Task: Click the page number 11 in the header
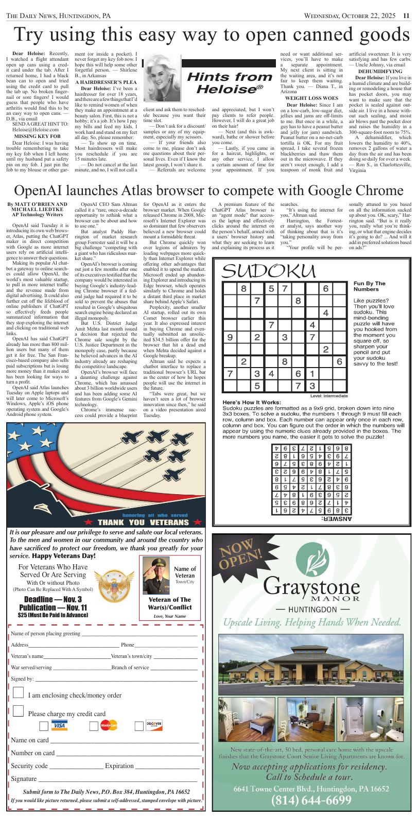pos(406,16)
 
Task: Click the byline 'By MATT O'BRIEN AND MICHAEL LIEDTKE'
pos(37,207)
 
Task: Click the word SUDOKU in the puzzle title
pos(269,271)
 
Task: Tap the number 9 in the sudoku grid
pos(229,338)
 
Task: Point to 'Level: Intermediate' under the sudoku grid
pos(329,395)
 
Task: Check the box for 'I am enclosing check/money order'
pos(18,692)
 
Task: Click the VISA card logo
pos(60,725)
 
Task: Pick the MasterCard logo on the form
pos(109,725)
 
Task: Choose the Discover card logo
pos(154,725)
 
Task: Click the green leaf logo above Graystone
pos(312,560)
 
